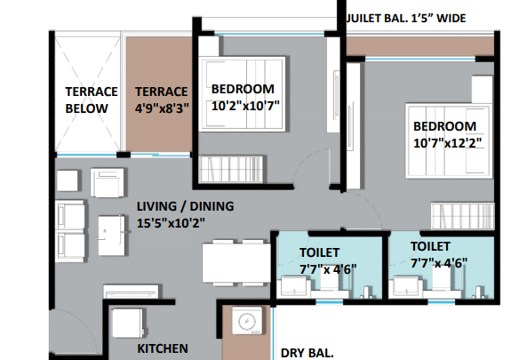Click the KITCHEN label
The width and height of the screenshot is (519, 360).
pyautogui.click(x=163, y=348)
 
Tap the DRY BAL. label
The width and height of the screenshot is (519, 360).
pyautogui.click(x=307, y=353)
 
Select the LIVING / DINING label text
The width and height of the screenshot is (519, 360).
pyautogui.click(x=186, y=206)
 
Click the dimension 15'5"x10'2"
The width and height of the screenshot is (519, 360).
pyautogui.click(x=171, y=223)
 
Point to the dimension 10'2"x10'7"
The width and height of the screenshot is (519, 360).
pyautogui.click(x=245, y=106)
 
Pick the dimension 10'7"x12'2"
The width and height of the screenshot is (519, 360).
pyautogui.click(x=448, y=143)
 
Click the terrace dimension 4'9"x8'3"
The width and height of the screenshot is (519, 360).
pyautogui.click(x=162, y=108)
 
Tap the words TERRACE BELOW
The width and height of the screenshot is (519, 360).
pyautogui.click(x=92, y=100)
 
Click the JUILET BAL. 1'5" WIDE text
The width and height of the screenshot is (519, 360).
pyautogui.click(x=406, y=18)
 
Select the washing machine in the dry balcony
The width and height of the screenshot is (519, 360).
pyautogui.click(x=247, y=321)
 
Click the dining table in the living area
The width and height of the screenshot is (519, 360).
pyautogui.click(x=236, y=262)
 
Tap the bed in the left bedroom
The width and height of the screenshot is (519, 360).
pyautogui.click(x=242, y=94)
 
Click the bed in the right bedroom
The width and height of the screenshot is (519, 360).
pyautogui.click(x=449, y=141)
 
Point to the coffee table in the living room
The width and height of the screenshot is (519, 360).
pyautogui.click(x=112, y=236)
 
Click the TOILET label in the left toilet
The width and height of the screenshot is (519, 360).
pyautogui.click(x=319, y=252)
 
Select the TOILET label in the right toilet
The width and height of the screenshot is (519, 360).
pyautogui.click(x=430, y=246)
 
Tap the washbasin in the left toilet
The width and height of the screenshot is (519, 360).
pyautogui.click(x=294, y=286)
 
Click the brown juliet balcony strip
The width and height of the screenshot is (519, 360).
pyautogui.click(x=419, y=46)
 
